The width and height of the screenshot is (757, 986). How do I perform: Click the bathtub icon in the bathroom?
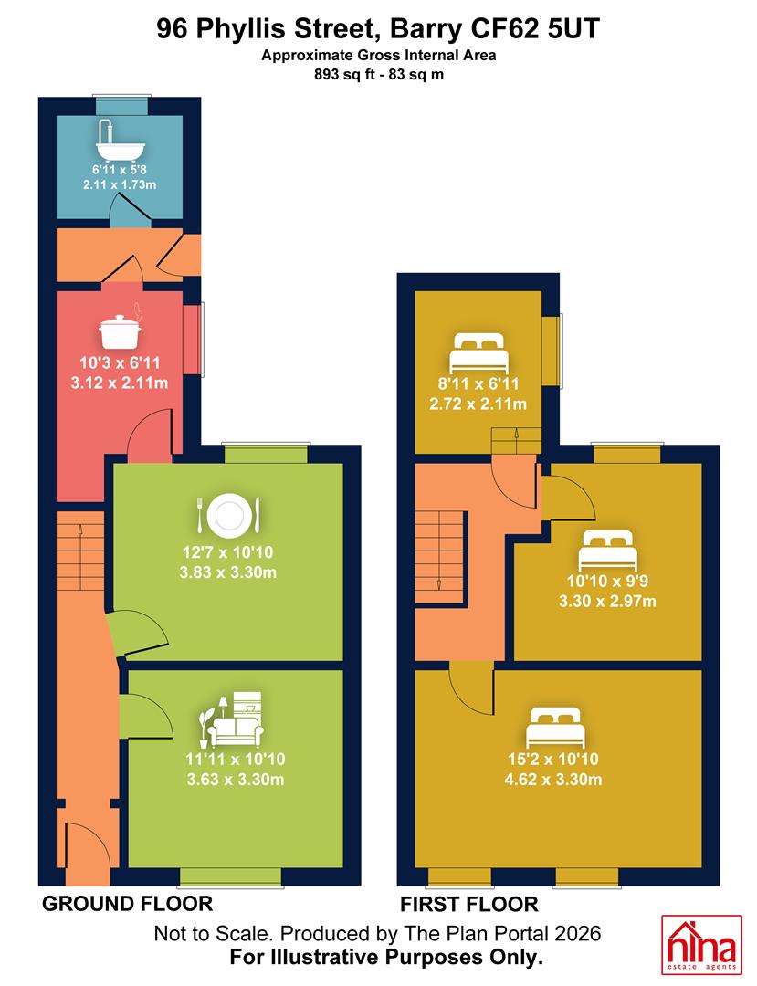pos(121,141)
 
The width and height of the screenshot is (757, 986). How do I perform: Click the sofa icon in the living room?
pos(231,719)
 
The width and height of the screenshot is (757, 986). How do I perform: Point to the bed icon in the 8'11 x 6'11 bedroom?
pos(478,352)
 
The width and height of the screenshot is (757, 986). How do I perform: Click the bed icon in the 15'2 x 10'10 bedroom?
pos(555,729)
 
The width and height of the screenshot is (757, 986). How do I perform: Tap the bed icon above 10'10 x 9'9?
pos(608,551)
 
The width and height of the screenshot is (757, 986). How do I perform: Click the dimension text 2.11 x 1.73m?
pos(120,184)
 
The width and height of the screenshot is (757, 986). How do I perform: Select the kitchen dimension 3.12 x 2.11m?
pos(120,383)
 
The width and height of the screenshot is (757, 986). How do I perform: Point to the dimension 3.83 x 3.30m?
pos(228,572)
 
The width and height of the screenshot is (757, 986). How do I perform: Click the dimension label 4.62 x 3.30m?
pos(553,780)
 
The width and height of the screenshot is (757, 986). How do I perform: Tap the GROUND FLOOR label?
pos(128,904)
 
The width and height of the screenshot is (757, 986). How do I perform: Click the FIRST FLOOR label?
pos(469,905)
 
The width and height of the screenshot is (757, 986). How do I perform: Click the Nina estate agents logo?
pos(701,945)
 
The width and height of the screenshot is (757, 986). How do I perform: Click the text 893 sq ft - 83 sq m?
pos(379,75)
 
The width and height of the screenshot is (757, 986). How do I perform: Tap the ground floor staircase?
pos(80,551)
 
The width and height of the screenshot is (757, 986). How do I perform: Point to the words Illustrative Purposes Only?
pos(407,958)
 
